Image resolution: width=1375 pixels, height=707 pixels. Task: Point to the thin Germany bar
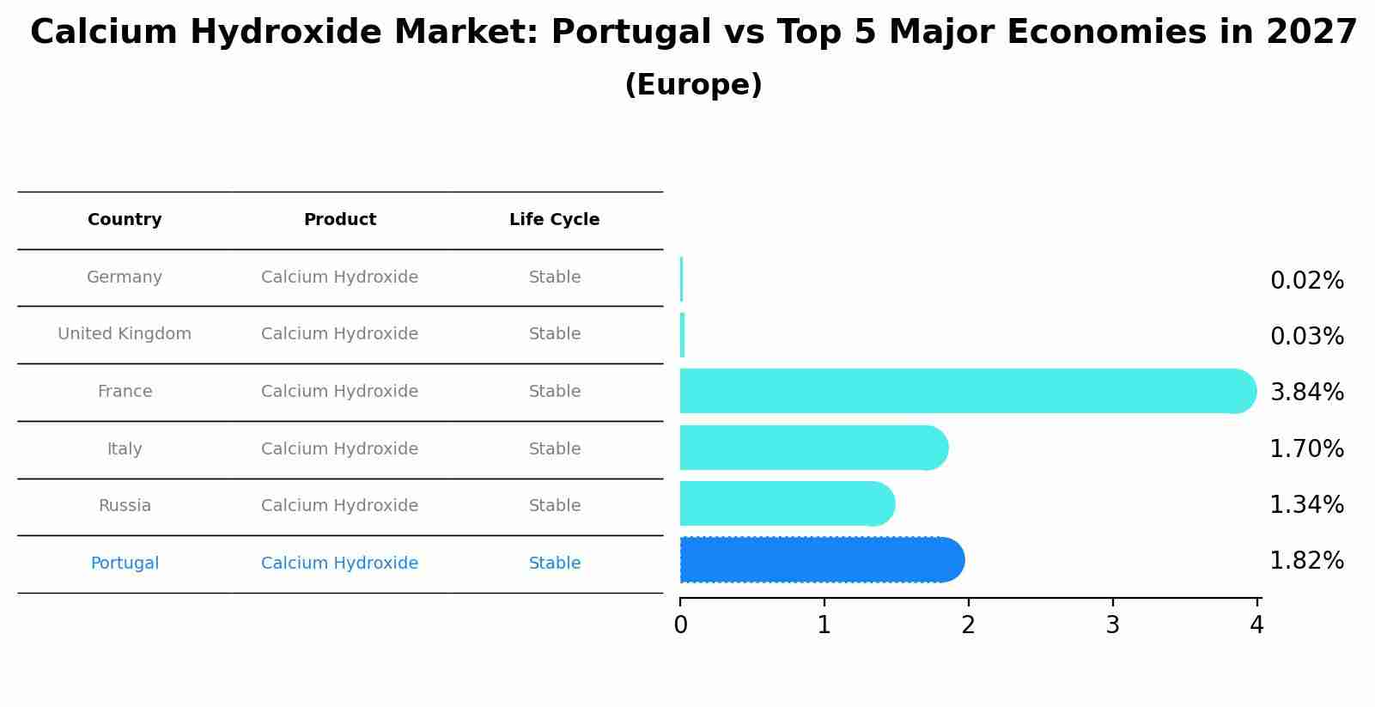tap(681, 279)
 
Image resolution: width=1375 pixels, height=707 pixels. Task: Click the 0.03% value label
tap(1306, 337)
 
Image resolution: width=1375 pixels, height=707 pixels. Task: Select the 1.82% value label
tap(1306, 561)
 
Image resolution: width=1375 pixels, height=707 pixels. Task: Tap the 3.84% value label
tap(1306, 393)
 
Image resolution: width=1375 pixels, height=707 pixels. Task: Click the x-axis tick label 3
tap(1112, 626)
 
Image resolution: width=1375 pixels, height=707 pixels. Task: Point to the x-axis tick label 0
tap(680, 626)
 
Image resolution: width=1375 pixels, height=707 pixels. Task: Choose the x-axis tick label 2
tap(968, 626)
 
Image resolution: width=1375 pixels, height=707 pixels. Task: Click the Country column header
tap(125, 220)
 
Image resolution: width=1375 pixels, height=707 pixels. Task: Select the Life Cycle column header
tap(554, 220)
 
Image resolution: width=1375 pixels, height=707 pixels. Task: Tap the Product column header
tap(339, 220)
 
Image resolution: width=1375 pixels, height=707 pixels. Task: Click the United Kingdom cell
tap(125, 334)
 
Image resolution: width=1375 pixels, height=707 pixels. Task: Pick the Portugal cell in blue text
tap(125, 564)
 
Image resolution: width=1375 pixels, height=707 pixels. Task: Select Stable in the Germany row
tap(554, 277)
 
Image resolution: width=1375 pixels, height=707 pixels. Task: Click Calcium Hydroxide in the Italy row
tap(339, 449)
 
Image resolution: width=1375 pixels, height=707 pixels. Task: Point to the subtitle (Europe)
tap(693, 85)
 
